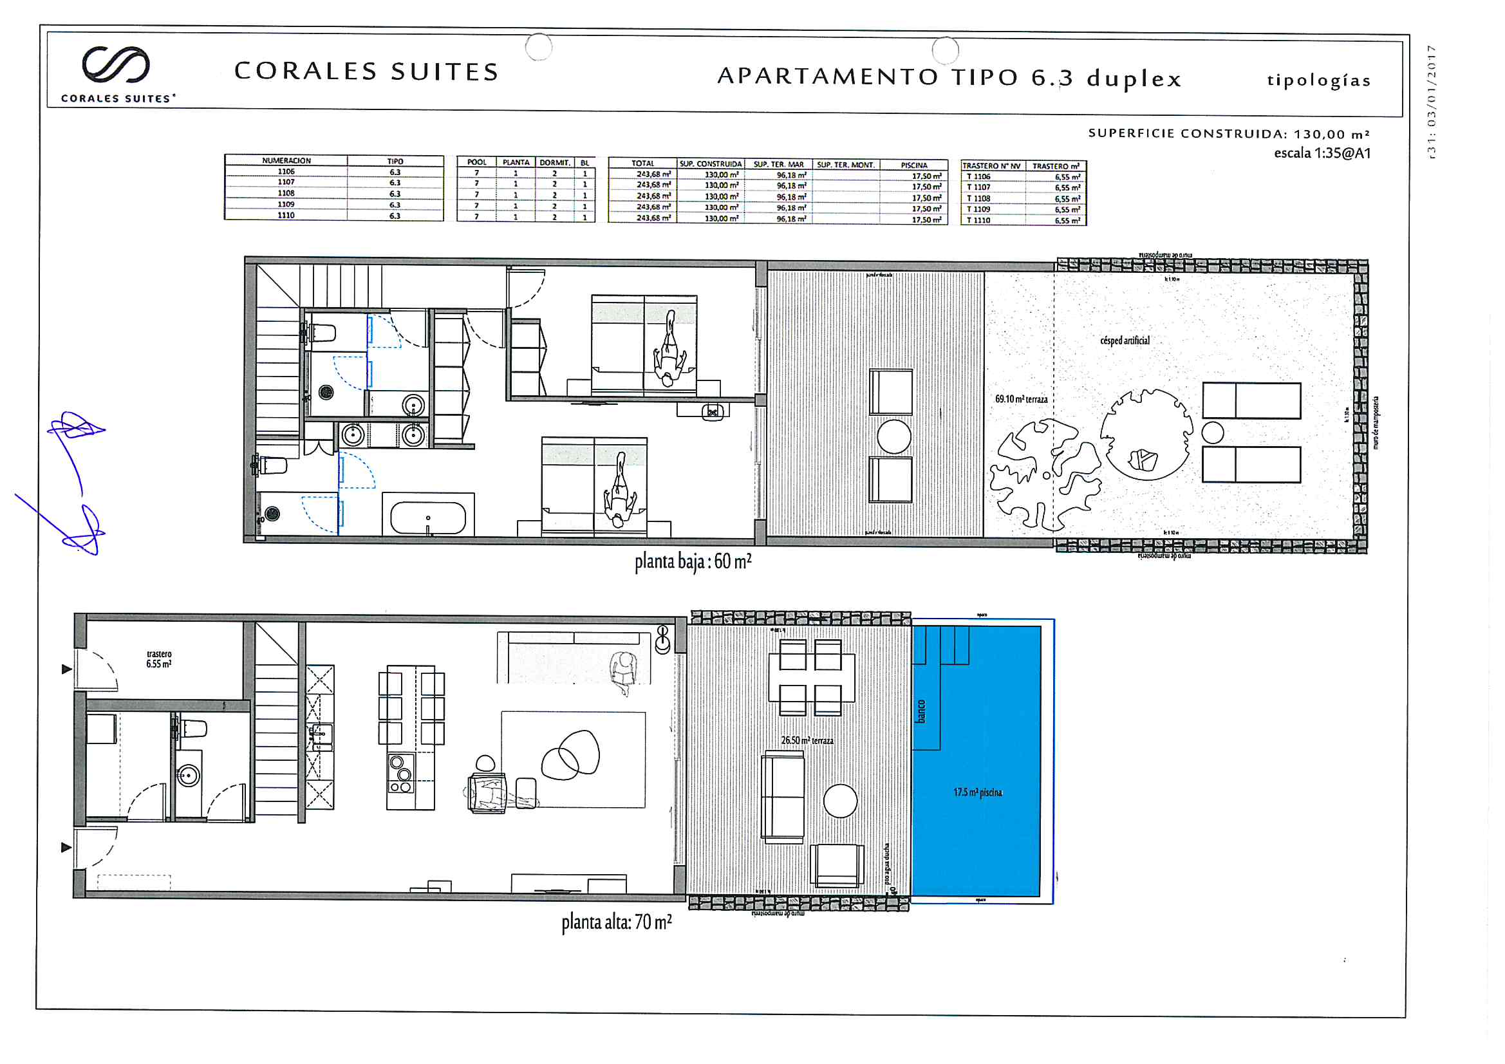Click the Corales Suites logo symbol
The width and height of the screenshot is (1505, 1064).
point(116,64)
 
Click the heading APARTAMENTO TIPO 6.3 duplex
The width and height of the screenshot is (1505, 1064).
point(949,77)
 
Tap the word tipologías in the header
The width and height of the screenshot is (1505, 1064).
point(1318,80)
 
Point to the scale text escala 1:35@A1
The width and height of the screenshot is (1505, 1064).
point(1322,153)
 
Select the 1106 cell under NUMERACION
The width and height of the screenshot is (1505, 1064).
point(286,172)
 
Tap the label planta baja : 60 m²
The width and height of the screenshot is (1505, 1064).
point(692,562)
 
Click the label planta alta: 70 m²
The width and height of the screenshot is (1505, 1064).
point(616,922)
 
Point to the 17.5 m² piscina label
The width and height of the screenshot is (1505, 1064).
point(977,792)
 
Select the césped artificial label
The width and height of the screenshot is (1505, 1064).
point(1124,341)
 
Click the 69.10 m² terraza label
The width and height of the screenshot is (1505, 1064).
point(1020,399)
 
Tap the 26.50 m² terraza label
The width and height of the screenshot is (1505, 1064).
point(807,740)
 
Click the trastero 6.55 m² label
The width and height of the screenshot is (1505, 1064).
point(158,659)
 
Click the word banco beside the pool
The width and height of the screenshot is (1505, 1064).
point(921,711)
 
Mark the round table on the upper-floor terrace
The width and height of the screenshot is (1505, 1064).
point(839,801)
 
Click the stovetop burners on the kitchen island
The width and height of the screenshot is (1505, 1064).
point(400,774)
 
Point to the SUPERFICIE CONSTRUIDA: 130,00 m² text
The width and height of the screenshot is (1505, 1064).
point(1228,134)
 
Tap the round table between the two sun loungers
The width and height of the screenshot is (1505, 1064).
point(1213,433)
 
